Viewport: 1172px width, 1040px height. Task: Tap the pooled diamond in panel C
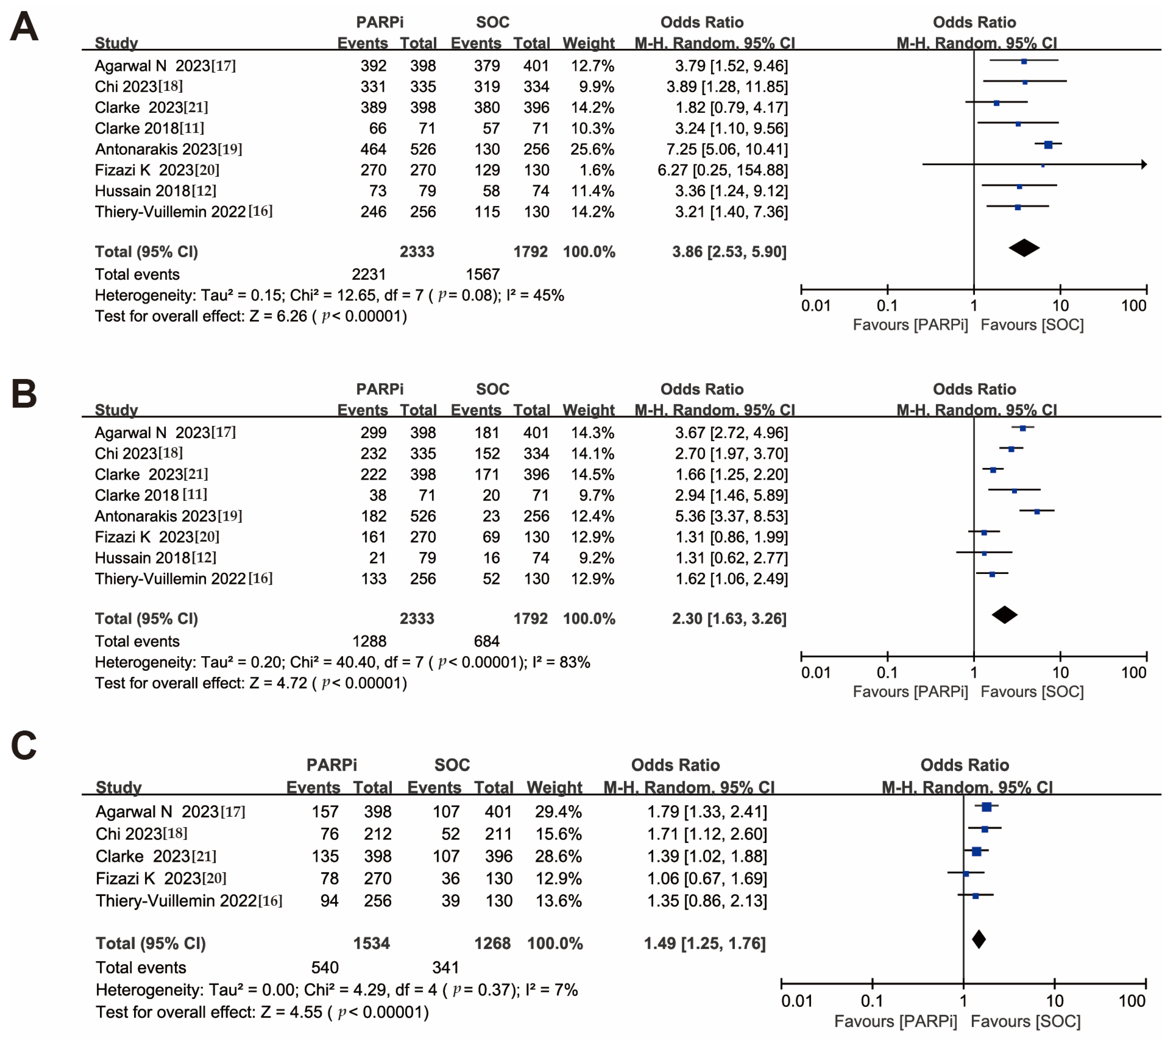coord(979,939)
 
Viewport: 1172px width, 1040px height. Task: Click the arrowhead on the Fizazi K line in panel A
coord(1144,165)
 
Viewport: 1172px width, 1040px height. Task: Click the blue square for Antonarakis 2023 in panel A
coord(1048,145)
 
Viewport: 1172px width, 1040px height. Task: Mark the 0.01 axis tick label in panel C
coord(797,1001)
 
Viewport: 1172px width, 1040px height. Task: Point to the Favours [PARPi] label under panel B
coord(910,691)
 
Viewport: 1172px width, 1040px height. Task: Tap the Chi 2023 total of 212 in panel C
coord(377,834)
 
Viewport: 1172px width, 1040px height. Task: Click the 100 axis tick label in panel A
coord(1134,306)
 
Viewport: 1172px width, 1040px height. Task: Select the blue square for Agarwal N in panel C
coord(986,807)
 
